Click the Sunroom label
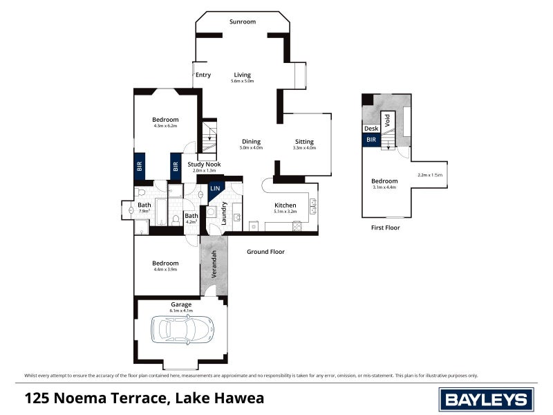point(243,21)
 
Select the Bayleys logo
point(487,398)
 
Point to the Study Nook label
point(204,164)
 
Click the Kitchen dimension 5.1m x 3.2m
point(285,213)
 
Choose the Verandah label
point(214,265)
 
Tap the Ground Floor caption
point(266,252)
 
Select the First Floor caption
point(385,228)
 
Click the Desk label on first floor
point(371,129)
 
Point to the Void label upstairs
point(388,120)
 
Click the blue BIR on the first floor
point(371,140)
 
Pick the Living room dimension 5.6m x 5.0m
point(243,82)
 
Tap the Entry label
point(203,75)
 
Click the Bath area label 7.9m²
point(144,212)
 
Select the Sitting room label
point(304,141)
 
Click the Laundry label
point(225,213)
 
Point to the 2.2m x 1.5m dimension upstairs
point(429,176)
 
